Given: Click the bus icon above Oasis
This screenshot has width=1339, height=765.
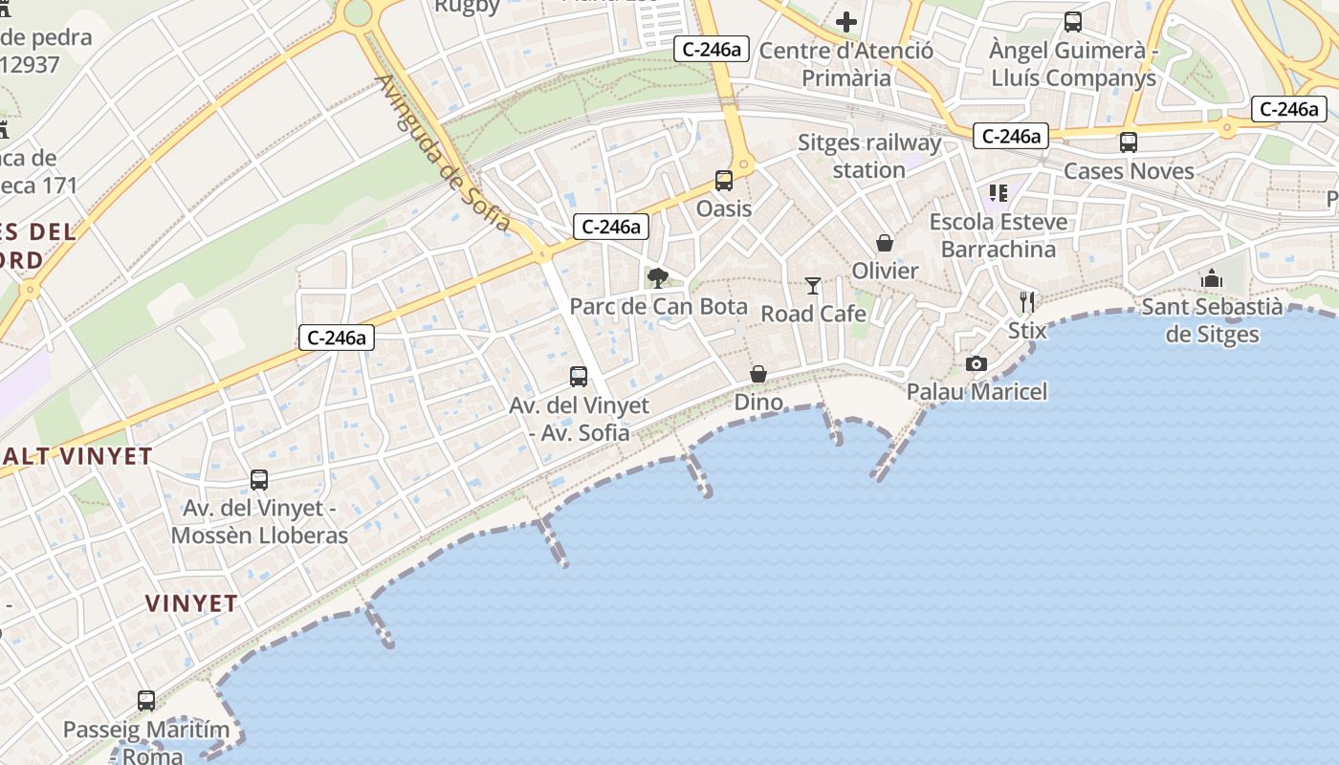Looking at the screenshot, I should [724, 180].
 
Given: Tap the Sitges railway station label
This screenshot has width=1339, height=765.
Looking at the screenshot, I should [869, 157].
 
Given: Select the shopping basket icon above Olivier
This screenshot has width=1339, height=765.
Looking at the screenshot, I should [885, 243].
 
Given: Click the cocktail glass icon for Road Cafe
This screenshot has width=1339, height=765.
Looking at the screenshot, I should [813, 285].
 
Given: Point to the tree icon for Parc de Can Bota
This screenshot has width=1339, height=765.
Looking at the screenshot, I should [657, 278].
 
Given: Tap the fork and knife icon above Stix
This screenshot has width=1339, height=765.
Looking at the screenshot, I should [1027, 302].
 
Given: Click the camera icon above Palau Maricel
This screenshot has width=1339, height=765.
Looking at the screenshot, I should [977, 363].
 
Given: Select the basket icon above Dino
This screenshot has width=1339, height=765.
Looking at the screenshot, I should [758, 374].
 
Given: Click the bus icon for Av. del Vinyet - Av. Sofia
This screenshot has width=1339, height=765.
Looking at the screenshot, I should [579, 376].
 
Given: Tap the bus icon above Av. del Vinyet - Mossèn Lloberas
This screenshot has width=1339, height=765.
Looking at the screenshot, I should [259, 479].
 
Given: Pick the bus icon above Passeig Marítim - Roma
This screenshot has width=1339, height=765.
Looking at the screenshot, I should [146, 701].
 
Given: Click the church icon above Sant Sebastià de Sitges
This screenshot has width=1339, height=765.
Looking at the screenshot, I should [1212, 278].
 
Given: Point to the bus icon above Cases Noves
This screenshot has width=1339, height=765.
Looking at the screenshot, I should [1129, 142].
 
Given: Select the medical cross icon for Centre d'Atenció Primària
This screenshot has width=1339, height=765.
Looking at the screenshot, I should [846, 21].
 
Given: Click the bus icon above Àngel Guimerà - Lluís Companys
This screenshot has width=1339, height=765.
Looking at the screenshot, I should [1073, 21].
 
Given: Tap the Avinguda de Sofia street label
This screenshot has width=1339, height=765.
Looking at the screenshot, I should [444, 153].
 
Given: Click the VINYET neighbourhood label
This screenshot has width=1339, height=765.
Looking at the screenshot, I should [191, 603].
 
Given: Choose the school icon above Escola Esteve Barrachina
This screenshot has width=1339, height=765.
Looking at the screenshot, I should [999, 194].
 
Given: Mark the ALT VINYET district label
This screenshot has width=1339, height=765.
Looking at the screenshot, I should [77, 456].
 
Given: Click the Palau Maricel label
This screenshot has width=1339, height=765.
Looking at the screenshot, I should [977, 391].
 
